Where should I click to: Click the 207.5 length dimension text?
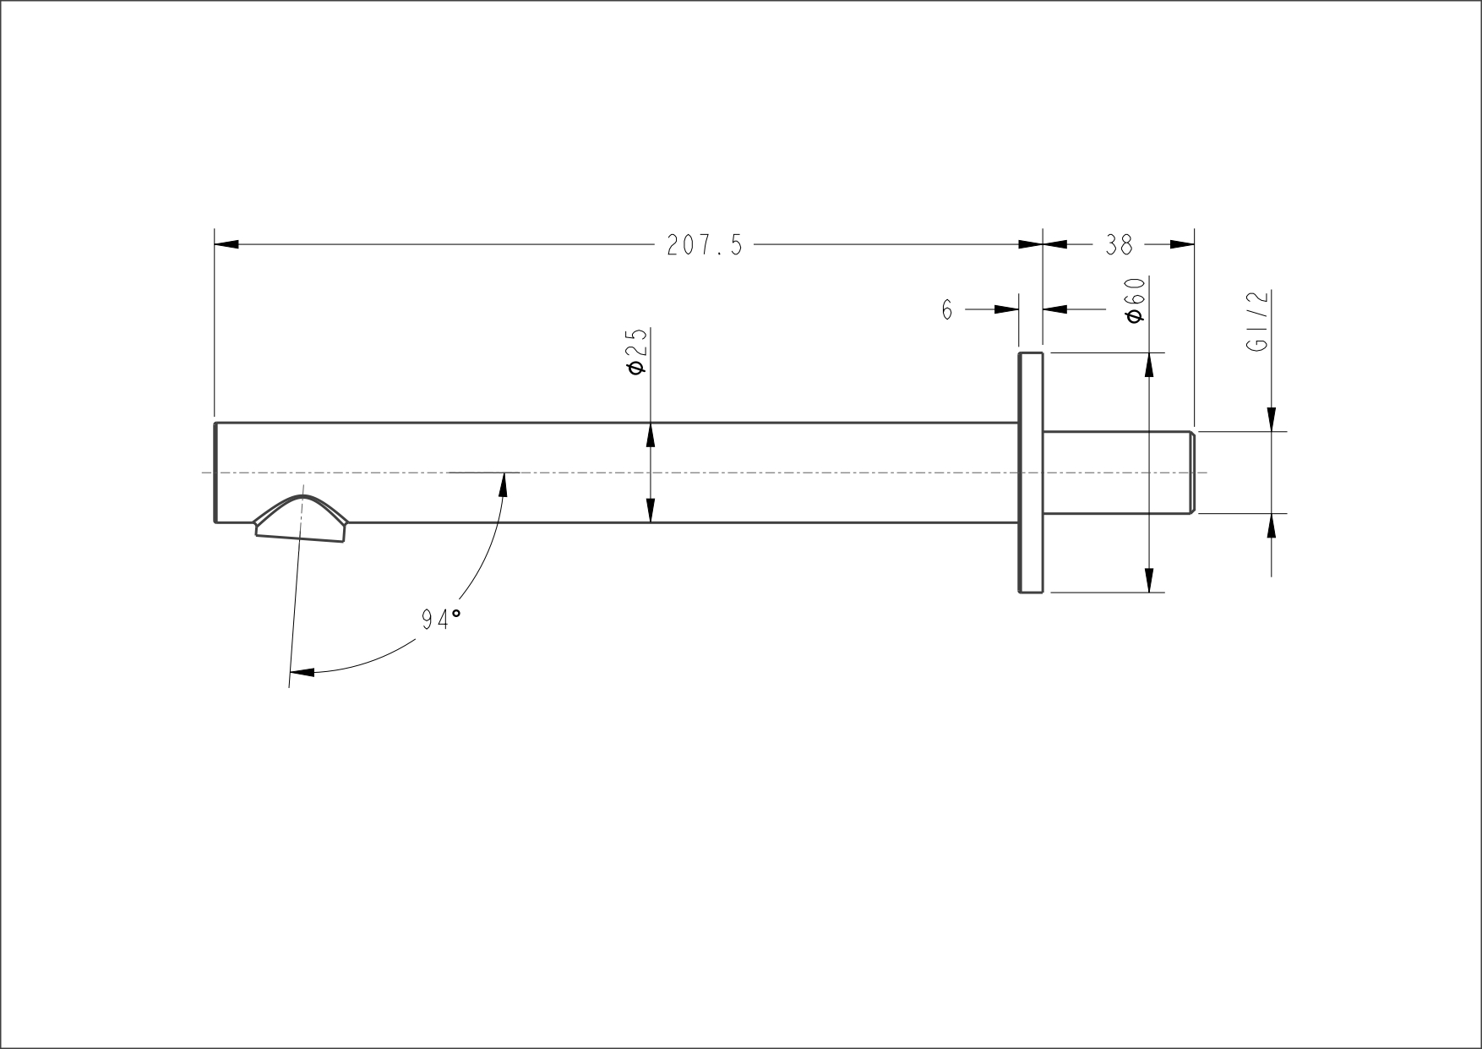[x=705, y=245]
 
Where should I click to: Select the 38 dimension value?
[x=1119, y=245]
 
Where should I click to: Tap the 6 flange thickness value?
[x=947, y=310]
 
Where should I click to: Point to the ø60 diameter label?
[x=1136, y=300]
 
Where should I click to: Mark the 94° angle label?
[x=441, y=620]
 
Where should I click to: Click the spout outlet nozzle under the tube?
[x=302, y=518]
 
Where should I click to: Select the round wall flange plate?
[x=1031, y=473]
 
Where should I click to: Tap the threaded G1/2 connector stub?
[x=1118, y=473]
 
